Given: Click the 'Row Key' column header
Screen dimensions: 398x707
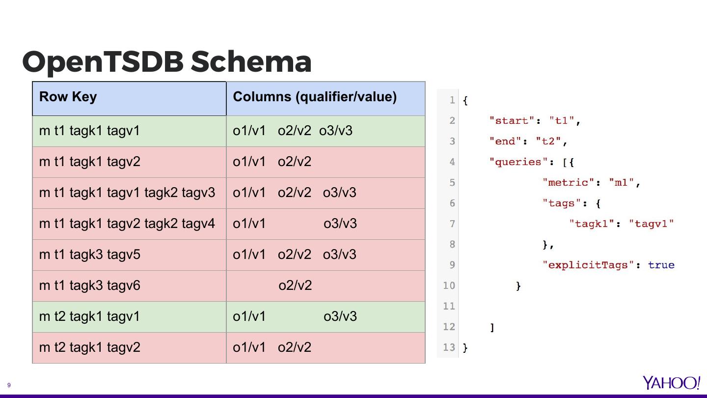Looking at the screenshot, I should (68, 97).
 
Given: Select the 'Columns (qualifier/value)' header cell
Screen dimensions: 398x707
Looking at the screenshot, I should (314, 97).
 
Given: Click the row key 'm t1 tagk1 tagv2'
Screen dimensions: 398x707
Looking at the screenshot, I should (89, 162).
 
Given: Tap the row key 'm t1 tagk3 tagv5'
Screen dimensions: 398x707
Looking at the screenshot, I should (89, 255).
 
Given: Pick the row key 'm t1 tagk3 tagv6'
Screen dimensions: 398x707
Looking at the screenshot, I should (89, 285).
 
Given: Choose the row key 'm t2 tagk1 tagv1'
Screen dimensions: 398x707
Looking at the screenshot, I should (89, 316).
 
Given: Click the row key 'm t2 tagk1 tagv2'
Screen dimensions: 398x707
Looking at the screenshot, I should (89, 347).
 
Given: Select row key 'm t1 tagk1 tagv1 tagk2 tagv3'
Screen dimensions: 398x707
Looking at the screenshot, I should (127, 193).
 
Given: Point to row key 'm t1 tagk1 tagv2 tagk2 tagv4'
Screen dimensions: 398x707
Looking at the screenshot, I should (127, 224).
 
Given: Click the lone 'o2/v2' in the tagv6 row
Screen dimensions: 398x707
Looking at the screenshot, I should (295, 285).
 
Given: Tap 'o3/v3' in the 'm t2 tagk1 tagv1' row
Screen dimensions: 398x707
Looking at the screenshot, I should (340, 316).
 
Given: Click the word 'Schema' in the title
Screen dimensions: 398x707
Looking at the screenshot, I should (251, 62).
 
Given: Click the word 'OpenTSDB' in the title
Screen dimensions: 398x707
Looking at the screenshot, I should (103, 62).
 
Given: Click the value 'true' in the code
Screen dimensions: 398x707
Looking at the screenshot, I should (661, 265).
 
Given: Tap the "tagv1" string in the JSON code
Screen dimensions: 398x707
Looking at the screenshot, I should (651, 224).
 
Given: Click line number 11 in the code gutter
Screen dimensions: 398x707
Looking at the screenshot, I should (449, 306).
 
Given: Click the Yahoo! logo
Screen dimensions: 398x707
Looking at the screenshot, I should (671, 383).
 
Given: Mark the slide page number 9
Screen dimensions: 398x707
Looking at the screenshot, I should (9, 385).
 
